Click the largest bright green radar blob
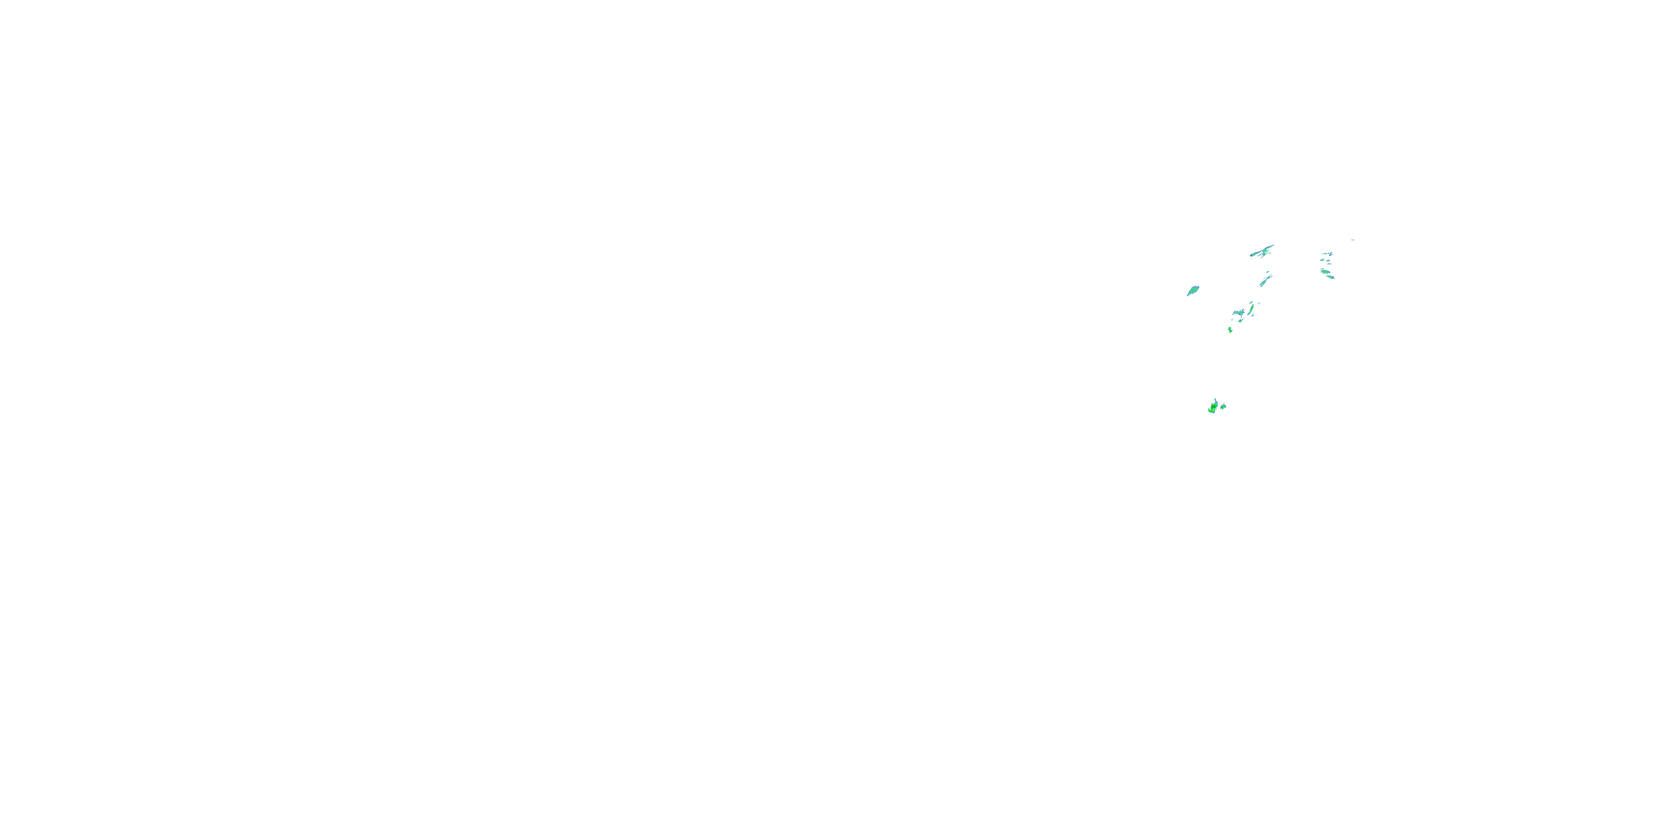(1214, 407)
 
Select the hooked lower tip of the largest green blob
(1210, 411)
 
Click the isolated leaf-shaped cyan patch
(1193, 291)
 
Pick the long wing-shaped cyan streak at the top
(1263, 251)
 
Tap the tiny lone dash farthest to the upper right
(1353, 240)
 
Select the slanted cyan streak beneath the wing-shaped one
(1265, 281)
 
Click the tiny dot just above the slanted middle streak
(1268, 272)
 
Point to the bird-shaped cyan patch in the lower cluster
(1239, 313)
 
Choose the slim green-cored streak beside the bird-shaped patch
(1252, 309)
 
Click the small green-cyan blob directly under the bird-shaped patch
(1241, 321)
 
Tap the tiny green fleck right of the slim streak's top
(1260, 304)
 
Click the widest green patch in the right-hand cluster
(1325, 272)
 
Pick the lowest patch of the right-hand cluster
(1331, 277)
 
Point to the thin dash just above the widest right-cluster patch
(1322, 269)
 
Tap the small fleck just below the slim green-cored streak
(1253, 316)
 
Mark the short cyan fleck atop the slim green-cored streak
(1251, 303)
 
